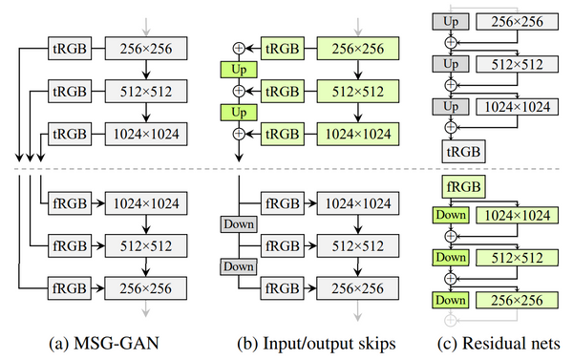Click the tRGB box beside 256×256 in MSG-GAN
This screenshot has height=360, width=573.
[69, 45]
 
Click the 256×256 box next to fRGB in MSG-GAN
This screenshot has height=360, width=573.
[145, 286]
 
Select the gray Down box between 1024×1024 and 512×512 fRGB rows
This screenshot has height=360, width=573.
[240, 223]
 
